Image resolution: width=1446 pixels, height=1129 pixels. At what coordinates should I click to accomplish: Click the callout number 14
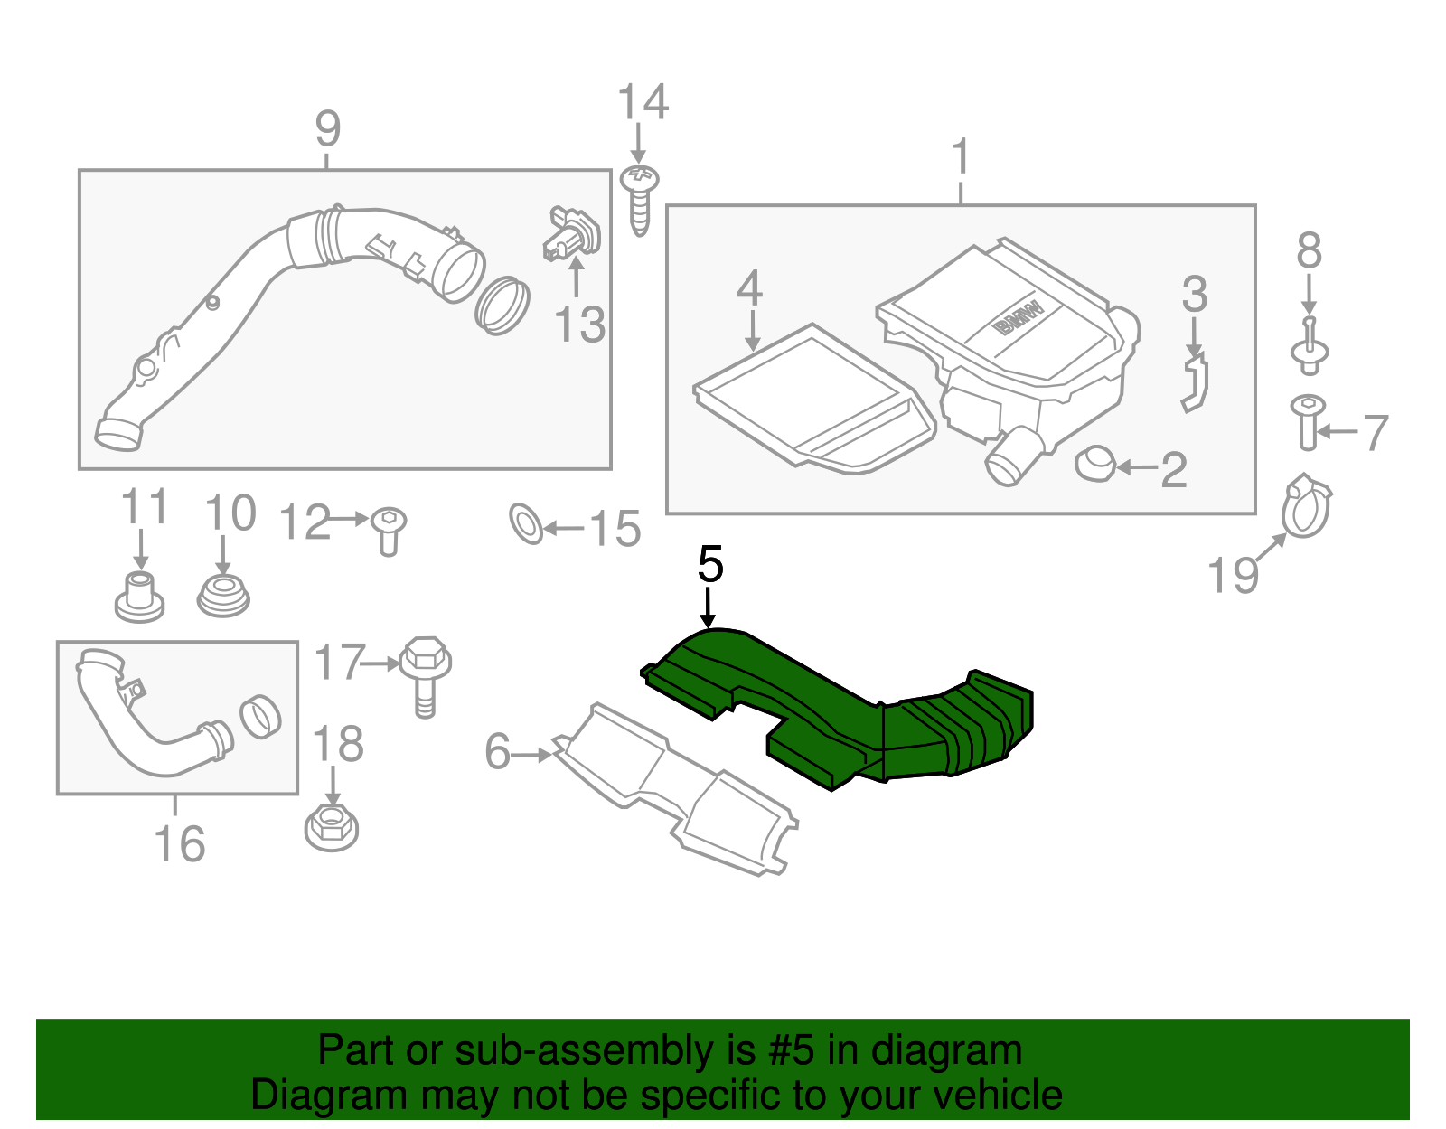click(643, 102)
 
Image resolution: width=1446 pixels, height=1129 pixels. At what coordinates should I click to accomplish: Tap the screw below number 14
click(640, 200)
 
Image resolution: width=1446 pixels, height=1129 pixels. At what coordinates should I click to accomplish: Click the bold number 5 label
click(710, 565)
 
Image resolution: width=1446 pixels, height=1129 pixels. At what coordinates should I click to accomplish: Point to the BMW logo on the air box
click(1018, 317)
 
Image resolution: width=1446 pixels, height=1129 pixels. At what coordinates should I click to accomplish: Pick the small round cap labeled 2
click(1094, 463)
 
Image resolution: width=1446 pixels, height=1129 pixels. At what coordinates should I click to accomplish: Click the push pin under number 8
click(1309, 347)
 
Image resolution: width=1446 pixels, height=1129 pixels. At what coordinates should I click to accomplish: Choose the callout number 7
click(1374, 432)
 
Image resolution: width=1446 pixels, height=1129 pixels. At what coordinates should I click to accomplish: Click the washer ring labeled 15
click(526, 524)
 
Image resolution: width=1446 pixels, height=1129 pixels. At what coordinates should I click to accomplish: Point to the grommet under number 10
click(223, 597)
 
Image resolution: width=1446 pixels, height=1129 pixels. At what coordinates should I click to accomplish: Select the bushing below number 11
click(139, 597)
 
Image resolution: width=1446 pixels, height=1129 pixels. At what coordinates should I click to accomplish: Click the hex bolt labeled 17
click(425, 674)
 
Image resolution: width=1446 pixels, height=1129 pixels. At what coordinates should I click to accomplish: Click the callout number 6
click(497, 752)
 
